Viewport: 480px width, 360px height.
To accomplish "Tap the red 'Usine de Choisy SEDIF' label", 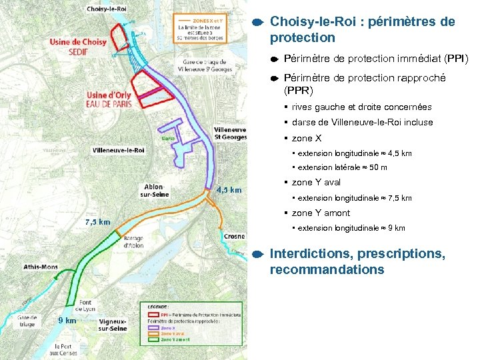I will coord(78,46).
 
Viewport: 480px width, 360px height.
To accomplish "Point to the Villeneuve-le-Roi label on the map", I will coord(119,150).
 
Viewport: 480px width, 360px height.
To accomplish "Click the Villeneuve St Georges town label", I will coord(230,133).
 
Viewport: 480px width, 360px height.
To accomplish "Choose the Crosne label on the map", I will coord(234,236).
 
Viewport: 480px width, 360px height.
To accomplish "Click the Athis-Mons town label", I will coord(41,267).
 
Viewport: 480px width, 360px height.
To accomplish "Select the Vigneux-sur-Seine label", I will coord(113,324).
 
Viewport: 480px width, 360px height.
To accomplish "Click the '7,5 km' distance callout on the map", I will coord(97,221).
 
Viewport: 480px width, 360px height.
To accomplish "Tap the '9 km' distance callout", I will coord(66,321).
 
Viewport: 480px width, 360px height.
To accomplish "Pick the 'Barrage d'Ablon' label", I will coord(133,241).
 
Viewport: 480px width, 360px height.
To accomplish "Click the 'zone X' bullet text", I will coord(307,138).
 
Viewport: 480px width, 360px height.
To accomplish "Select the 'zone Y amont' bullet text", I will coord(321,213).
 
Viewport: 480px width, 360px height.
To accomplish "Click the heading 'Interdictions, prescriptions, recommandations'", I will coord(357,262).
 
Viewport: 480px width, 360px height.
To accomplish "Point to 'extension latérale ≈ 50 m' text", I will coord(343,167).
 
